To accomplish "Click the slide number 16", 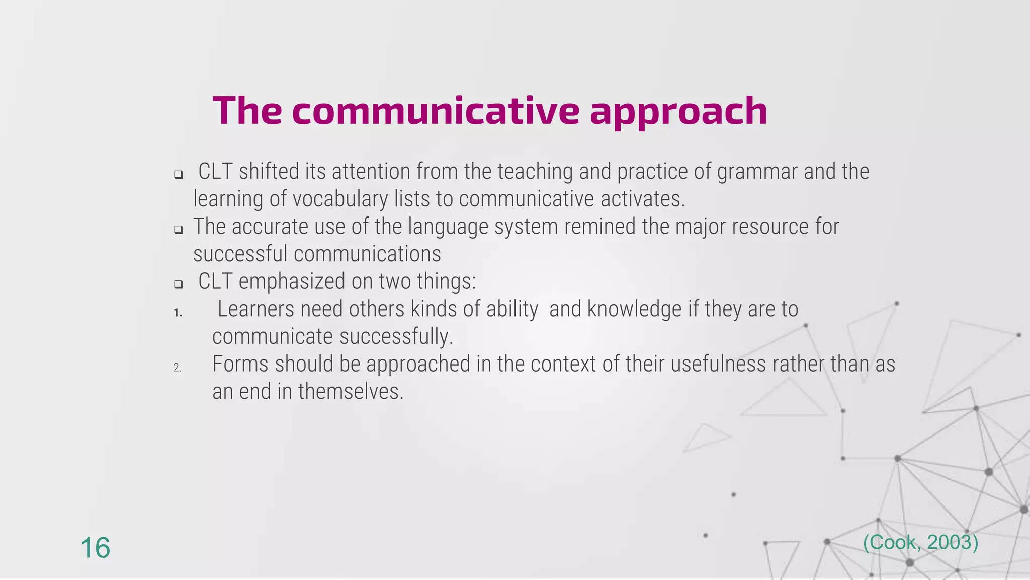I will click(x=95, y=548).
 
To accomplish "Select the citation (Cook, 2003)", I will click(x=920, y=542).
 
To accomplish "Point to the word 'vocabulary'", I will click(x=340, y=199).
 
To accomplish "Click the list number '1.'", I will click(x=178, y=313).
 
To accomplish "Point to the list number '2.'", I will click(x=177, y=368).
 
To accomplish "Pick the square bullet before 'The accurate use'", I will click(x=178, y=230).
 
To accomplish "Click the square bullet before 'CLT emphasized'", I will click(x=178, y=284).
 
